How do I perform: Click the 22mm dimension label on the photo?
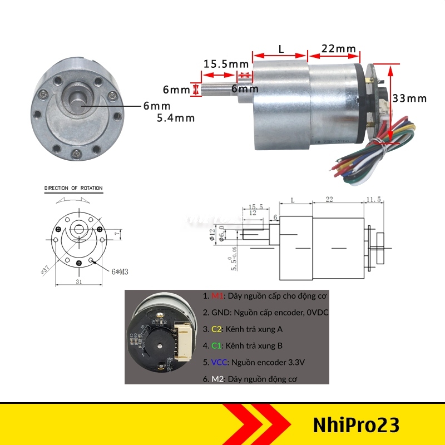tap(338, 48)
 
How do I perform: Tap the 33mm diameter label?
tap(409, 98)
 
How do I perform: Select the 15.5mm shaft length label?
tap(226, 63)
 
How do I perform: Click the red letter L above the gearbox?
tap(281, 49)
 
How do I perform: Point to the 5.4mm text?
tap(176, 117)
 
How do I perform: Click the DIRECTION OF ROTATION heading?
tap(73, 188)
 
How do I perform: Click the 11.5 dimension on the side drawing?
tap(374, 200)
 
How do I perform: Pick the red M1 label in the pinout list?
tap(215, 296)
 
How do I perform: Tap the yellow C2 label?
tap(215, 329)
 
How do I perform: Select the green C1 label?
tap(215, 345)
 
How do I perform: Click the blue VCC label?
tap(217, 362)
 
